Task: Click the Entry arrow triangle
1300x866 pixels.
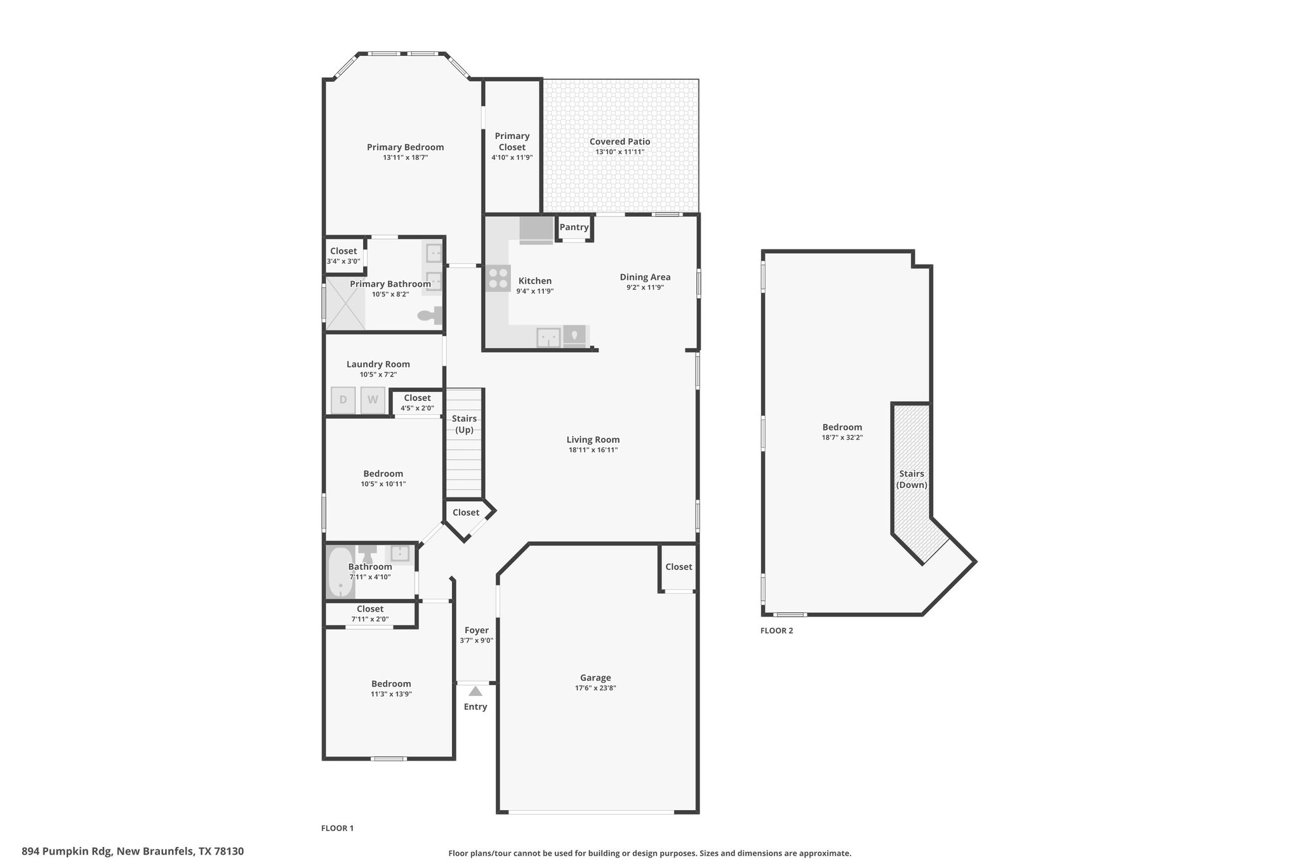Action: tap(475, 691)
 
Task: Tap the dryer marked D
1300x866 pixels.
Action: tap(343, 400)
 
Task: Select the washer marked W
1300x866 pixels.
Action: tap(373, 400)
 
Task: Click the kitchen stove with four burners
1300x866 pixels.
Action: tap(498, 278)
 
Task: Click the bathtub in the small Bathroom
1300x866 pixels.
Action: tap(341, 572)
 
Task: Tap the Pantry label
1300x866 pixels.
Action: tap(574, 227)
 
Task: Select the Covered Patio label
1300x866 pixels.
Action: tap(620, 141)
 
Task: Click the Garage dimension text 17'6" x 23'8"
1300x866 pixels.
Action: tap(595, 688)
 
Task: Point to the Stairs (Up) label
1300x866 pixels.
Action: tap(465, 424)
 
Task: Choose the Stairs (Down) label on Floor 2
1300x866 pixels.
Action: tap(912, 480)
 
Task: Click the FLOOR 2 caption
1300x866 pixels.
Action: tap(777, 631)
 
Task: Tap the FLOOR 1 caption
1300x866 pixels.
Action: tap(338, 828)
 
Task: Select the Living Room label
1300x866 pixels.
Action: tap(594, 440)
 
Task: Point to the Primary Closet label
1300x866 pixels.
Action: tap(512, 141)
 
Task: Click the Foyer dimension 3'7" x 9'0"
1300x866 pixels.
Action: tap(477, 641)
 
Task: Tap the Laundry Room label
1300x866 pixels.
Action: tap(378, 364)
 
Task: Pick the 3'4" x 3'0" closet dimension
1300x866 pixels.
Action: tap(343, 261)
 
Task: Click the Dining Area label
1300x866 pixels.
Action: tap(646, 277)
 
